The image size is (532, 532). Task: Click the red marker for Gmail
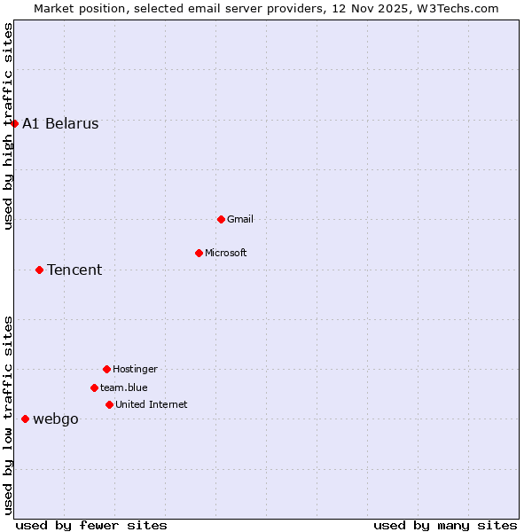tap(221, 219)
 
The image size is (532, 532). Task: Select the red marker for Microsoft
tap(199, 253)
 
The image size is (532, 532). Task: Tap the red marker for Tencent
tap(39, 270)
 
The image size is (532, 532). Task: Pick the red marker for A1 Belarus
tap(14, 123)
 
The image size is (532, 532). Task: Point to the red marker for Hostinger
tap(106, 369)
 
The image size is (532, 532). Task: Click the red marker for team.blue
tap(94, 387)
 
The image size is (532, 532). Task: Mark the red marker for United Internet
tap(109, 404)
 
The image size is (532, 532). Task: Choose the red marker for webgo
tap(25, 419)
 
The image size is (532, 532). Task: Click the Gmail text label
tap(240, 219)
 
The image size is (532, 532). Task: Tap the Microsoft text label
tap(225, 253)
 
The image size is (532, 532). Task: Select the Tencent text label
tap(74, 270)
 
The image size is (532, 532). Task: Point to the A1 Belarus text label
tap(60, 123)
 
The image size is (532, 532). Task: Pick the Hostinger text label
tap(135, 369)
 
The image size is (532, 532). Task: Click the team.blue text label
tap(124, 387)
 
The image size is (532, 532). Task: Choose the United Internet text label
tap(151, 404)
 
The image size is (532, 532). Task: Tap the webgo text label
tap(56, 419)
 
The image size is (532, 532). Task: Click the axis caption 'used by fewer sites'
tap(91, 525)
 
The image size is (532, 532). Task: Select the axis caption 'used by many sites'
tap(445, 525)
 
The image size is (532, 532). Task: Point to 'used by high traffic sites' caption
tap(8, 126)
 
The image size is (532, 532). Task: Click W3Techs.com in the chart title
tap(458, 8)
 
